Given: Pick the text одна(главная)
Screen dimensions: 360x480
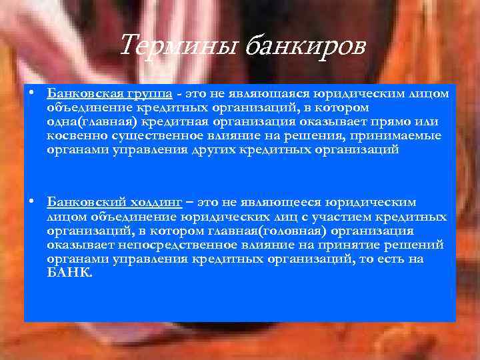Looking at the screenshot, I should coord(90,122).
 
